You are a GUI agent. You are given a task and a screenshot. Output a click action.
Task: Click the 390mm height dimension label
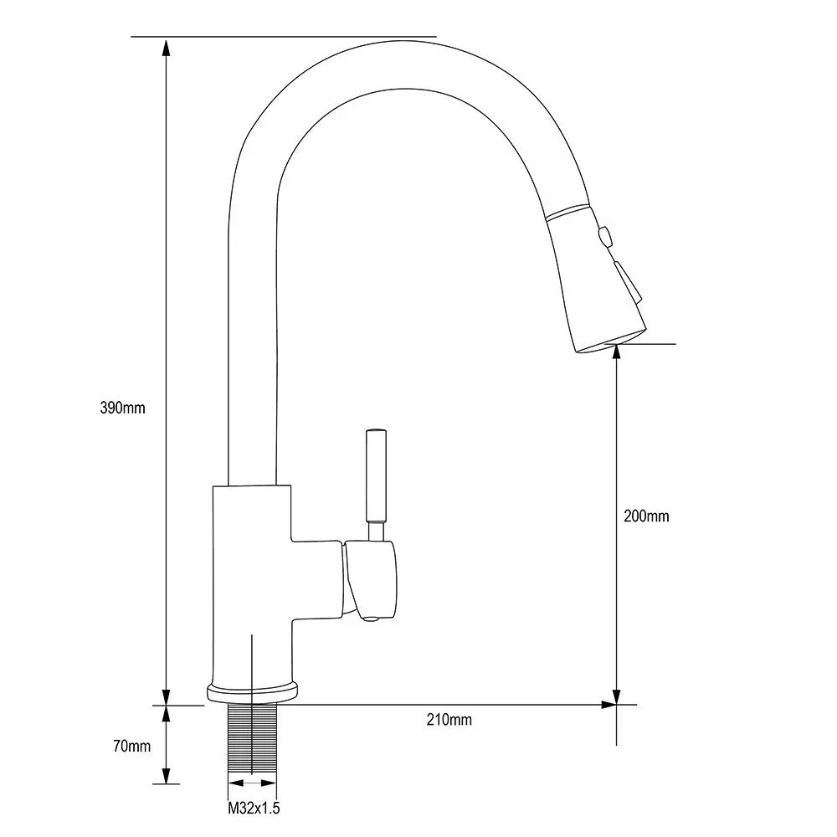(x=122, y=408)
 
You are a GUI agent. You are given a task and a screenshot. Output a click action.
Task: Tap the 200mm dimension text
(x=646, y=516)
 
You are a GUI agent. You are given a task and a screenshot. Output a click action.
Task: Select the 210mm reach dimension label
(x=449, y=720)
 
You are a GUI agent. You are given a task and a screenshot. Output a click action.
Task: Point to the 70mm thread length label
(x=132, y=746)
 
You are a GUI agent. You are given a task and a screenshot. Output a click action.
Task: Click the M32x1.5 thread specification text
(x=254, y=809)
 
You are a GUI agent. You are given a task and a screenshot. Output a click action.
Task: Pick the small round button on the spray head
(x=605, y=236)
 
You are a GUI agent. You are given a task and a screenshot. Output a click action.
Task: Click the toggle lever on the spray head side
(x=628, y=282)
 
